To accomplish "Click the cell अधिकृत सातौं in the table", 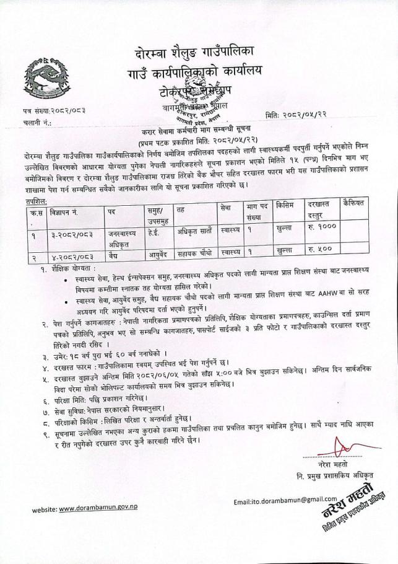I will point(194,230).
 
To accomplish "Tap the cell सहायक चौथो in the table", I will point(194,252).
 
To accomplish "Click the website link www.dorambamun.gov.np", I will point(98,508).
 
